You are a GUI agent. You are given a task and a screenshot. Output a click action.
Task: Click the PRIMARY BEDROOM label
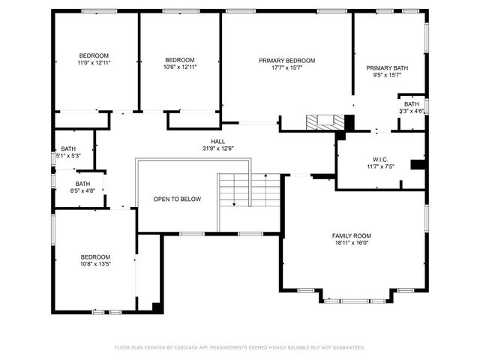coord(287,61)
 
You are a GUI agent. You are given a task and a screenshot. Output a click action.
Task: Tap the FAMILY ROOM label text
coord(352,235)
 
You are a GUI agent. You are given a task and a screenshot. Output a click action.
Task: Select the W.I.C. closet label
coord(379,159)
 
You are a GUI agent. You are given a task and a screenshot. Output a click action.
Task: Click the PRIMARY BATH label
coord(388,68)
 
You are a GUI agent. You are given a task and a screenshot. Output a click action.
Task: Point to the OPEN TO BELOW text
coord(177,199)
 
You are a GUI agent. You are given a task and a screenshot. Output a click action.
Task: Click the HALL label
coord(217,142)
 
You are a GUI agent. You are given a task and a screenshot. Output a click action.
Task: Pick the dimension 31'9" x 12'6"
coord(217,148)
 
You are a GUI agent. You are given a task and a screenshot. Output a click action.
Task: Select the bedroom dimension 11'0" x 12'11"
coord(94,62)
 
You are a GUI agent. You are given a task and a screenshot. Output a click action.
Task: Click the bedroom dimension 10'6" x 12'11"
coord(180,67)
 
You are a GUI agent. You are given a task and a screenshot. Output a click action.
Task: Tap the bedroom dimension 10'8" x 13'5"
coord(95,264)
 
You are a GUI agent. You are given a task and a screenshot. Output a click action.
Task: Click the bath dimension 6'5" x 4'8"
coord(82,190)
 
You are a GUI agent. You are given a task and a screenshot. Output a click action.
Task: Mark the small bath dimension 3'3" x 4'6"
coord(412,111)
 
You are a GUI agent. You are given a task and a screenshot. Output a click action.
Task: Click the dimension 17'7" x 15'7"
coord(287,67)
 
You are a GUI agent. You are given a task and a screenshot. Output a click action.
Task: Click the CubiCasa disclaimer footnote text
coord(240,347)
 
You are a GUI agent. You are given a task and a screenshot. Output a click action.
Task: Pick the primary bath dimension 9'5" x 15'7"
coord(388,75)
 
